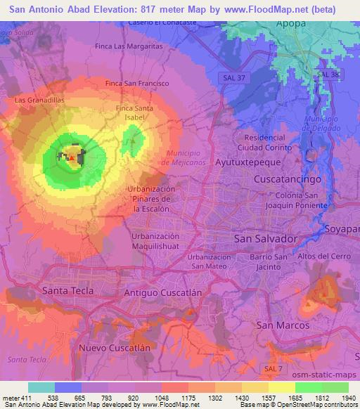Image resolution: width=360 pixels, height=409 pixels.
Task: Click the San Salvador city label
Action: [x=264, y=239]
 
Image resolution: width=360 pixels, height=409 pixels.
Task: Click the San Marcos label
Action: [x=283, y=325]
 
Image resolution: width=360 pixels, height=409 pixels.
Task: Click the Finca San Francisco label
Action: [x=136, y=83]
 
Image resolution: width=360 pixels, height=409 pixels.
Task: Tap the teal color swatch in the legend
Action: [x=41, y=387]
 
